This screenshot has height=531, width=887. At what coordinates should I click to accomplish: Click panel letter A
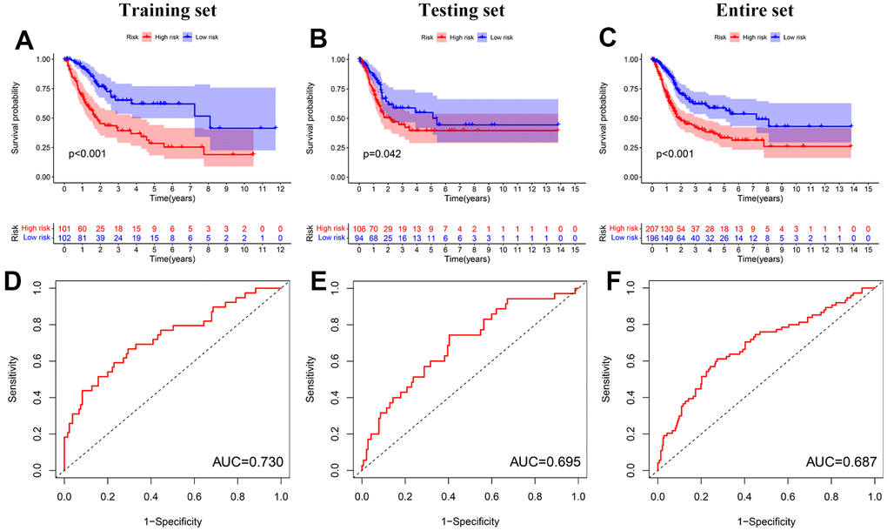tap(26, 41)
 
